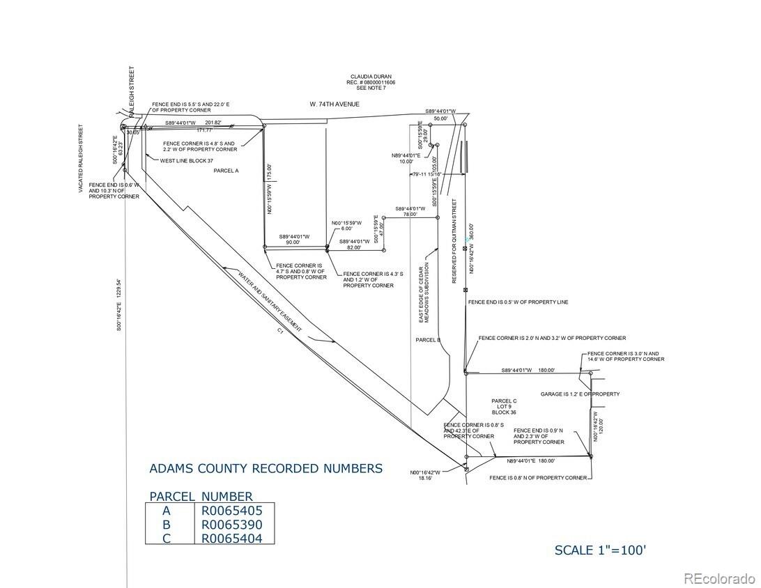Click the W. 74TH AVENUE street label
(335, 104)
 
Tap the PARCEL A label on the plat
(226, 170)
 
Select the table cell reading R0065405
(232, 510)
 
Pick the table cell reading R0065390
(232, 524)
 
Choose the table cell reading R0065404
(232, 538)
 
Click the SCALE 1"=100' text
(600, 550)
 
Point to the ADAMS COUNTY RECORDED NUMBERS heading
(266, 468)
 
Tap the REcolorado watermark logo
(718, 578)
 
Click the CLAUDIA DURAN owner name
(371, 77)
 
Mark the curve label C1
(278, 333)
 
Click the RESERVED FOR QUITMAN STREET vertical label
(454, 241)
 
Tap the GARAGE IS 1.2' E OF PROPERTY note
(580, 394)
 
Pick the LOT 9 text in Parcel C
(503, 407)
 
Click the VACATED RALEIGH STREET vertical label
(81, 158)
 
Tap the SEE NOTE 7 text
(371, 88)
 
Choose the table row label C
(167, 538)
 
